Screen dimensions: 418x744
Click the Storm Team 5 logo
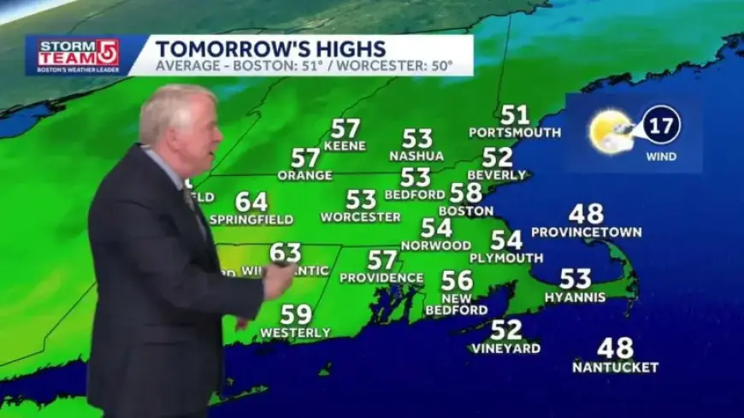pyautogui.click(x=78, y=56)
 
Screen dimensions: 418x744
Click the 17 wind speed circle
pyautogui.click(x=662, y=124)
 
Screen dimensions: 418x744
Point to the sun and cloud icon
pyautogui.click(x=611, y=131)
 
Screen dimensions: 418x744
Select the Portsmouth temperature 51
pyautogui.click(x=515, y=115)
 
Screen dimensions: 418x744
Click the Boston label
pyautogui.click(x=466, y=210)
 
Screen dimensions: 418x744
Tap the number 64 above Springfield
pyautogui.click(x=251, y=202)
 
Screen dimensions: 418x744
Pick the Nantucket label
pyautogui.click(x=616, y=368)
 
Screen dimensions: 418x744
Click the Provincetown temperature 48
pyautogui.click(x=586, y=214)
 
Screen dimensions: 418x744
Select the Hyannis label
pyautogui.click(x=576, y=297)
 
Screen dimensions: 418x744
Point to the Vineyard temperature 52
pyautogui.click(x=506, y=329)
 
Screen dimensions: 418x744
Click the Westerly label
pyautogui.click(x=295, y=332)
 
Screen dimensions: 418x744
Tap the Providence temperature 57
pyautogui.click(x=382, y=259)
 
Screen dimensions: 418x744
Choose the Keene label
pyautogui.click(x=345, y=146)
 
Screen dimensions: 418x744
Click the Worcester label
pyautogui.click(x=360, y=217)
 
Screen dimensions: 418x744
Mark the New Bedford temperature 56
pyautogui.click(x=457, y=280)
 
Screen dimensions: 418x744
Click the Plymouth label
pyautogui.click(x=505, y=258)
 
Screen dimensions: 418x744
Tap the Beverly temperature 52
pyautogui.click(x=498, y=157)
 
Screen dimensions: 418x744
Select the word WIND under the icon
pyautogui.click(x=662, y=156)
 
